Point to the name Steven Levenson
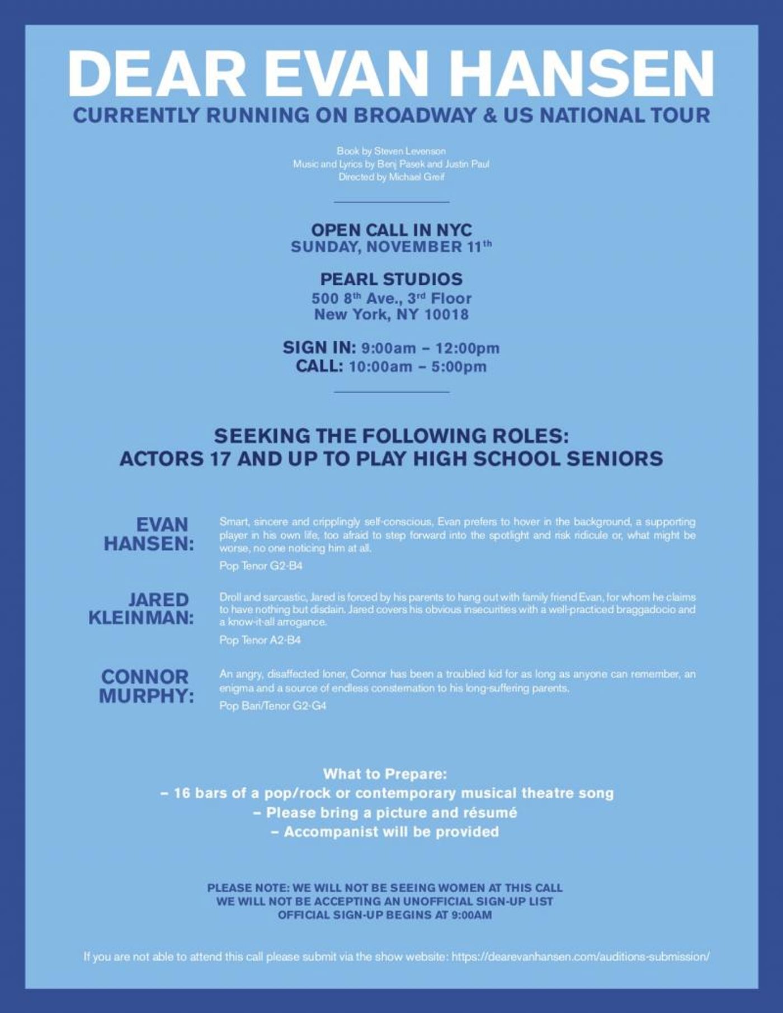click(x=410, y=151)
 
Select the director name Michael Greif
click(x=417, y=177)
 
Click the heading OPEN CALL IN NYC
click(x=391, y=230)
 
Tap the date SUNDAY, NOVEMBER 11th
click(x=391, y=247)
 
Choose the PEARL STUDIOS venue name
click(x=391, y=279)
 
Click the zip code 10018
click(x=446, y=314)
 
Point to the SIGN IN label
click(x=319, y=347)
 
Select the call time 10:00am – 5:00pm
click(x=417, y=367)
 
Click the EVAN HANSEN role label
click(x=149, y=534)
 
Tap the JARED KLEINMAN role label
click(x=141, y=609)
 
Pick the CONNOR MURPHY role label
click(x=147, y=686)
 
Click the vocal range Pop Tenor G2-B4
click(x=261, y=566)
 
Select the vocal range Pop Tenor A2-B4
click(x=260, y=640)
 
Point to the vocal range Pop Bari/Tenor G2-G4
click(x=273, y=706)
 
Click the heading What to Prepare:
click(x=385, y=774)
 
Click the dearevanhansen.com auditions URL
click(x=581, y=957)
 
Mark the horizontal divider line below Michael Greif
click(x=391, y=202)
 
